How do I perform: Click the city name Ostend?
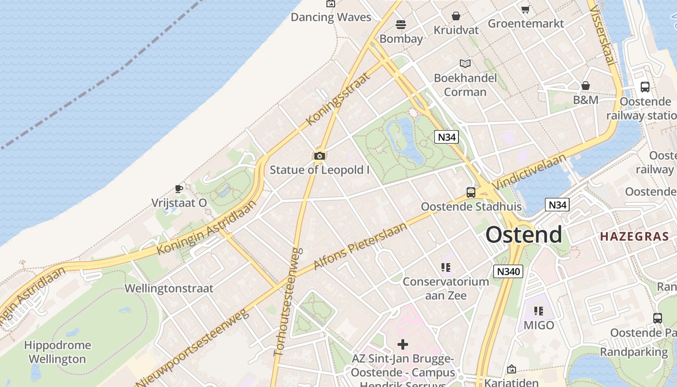tap(524, 235)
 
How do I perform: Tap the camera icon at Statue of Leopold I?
tap(319, 156)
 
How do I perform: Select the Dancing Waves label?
tap(331, 17)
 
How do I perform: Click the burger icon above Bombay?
tap(401, 24)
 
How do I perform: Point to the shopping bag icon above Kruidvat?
tap(456, 16)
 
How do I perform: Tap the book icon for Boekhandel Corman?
tap(465, 63)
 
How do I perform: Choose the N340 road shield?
tap(508, 271)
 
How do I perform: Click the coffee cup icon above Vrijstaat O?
tap(179, 189)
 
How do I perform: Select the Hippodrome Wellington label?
tap(57, 352)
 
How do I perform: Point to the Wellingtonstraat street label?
tap(169, 288)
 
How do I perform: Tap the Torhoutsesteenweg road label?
tap(288, 302)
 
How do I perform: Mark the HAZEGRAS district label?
tap(634, 237)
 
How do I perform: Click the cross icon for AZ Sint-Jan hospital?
tap(402, 344)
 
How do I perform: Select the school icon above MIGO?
tap(539, 311)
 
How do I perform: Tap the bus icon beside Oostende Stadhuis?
tap(471, 193)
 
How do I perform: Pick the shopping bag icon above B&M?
tap(586, 86)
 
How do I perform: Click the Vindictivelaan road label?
tap(530, 172)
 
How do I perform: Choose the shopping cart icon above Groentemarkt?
tap(526, 9)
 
